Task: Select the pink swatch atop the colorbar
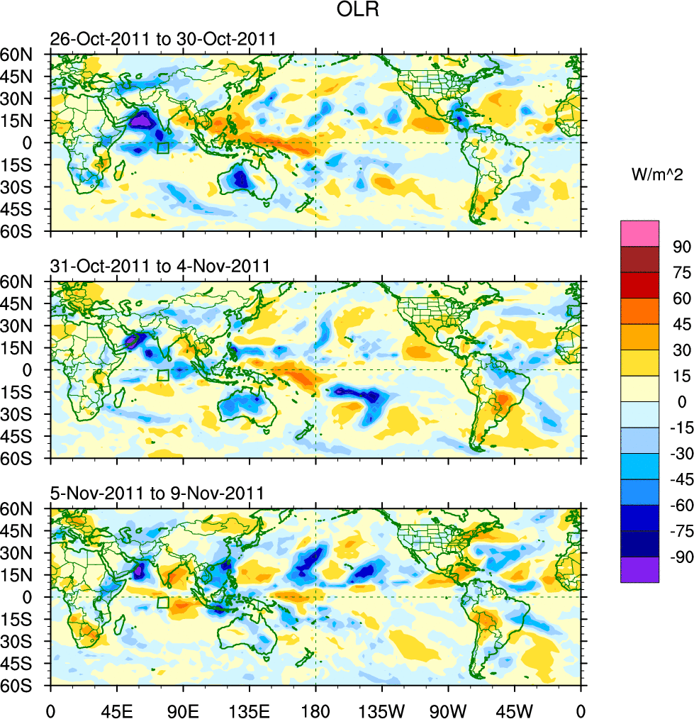639,233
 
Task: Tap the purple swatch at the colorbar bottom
639,569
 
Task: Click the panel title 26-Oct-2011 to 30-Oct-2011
162,39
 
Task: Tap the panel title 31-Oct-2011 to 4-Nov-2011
159,267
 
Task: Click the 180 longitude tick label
315,709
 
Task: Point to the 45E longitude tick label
117,709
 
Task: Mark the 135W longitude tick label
381,709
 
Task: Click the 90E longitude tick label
184,709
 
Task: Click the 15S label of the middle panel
26,392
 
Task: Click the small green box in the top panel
163,148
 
